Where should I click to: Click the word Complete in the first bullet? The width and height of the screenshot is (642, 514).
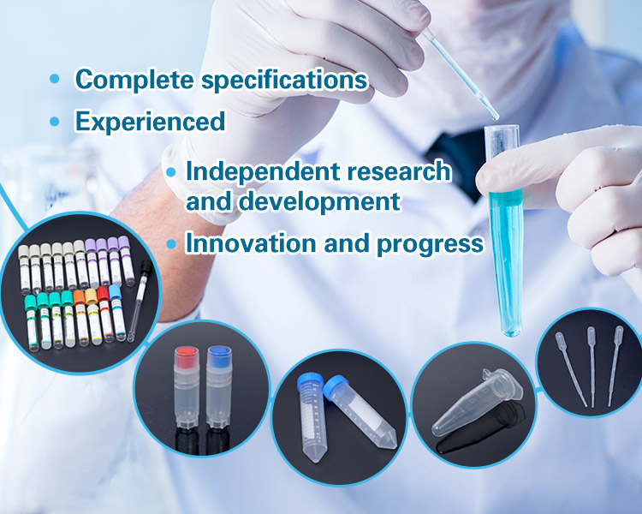coord(134,79)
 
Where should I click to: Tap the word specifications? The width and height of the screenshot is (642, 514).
coord(284,81)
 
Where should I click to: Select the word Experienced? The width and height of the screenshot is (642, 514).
coord(150,123)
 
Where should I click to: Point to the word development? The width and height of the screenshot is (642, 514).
coord(319,202)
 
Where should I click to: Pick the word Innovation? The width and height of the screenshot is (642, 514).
coord(251,243)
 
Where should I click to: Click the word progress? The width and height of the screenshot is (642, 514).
coord(430,245)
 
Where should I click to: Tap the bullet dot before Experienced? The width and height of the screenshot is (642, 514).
coord(55,122)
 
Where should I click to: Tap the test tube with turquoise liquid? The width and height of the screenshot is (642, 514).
coord(505,230)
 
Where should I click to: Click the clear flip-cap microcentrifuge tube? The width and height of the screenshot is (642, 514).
coord(478,405)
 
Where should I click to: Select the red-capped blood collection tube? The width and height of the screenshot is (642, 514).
coord(104,314)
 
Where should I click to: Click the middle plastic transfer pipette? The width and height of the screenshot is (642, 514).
coord(591,366)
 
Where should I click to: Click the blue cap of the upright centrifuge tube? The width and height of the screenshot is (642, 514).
coord(309,380)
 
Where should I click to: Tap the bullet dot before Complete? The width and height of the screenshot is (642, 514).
coord(55,79)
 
